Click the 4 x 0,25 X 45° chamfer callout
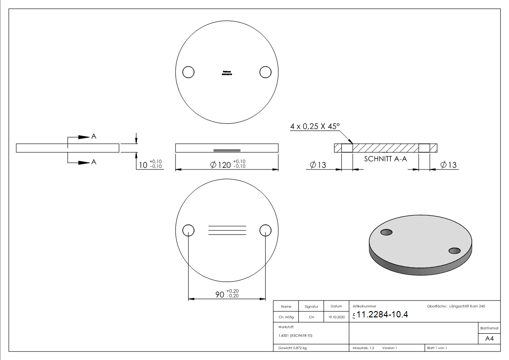click(315, 127)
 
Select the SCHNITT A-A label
click(385, 159)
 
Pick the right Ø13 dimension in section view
click(449, 165)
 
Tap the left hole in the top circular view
click(188, 72)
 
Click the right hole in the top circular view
click(265, 72)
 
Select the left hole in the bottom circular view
click(188, 230)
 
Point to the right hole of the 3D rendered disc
click(454, 251)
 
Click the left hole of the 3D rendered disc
click(386, 232)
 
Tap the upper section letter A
click(94, 136)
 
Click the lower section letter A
click(94, 162)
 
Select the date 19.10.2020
click(336, 317)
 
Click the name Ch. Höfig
click(286, 317)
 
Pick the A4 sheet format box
click(490, 339)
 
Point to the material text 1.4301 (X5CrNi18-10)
click(295, 336)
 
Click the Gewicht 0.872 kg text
click(292, 348)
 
